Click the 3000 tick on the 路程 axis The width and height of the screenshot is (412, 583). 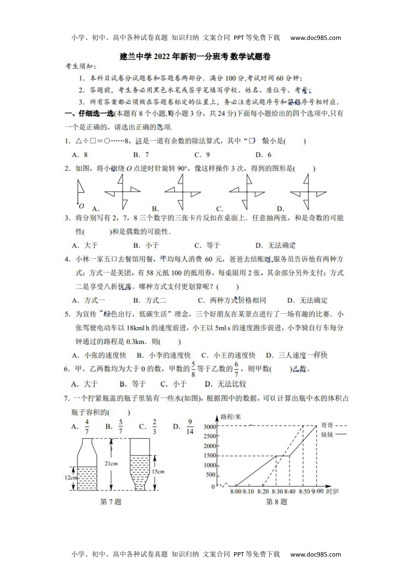tap(209, 427)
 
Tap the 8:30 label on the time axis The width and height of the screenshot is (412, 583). tap(277, 491)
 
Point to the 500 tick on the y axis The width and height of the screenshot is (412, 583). tap(210, 475)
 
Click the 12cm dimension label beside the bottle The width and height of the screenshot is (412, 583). tap(71, 477)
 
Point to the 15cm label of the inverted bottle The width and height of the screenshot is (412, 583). tap(158, 472)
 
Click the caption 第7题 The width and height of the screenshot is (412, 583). tap(111, 502)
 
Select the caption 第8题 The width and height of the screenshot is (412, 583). tap(276, 502)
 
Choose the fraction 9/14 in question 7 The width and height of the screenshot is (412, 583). tap(190, 427)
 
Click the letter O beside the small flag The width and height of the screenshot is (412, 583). tap(81, 206)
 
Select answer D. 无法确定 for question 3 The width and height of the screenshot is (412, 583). tap(275, 246)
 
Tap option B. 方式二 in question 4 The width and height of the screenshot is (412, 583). tap(150, 300)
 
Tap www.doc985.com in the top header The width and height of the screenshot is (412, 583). tap(315, 38)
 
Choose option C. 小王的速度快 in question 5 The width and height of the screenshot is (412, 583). tap(228, 355)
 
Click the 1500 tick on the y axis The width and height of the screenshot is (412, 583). tap(209, 455)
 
